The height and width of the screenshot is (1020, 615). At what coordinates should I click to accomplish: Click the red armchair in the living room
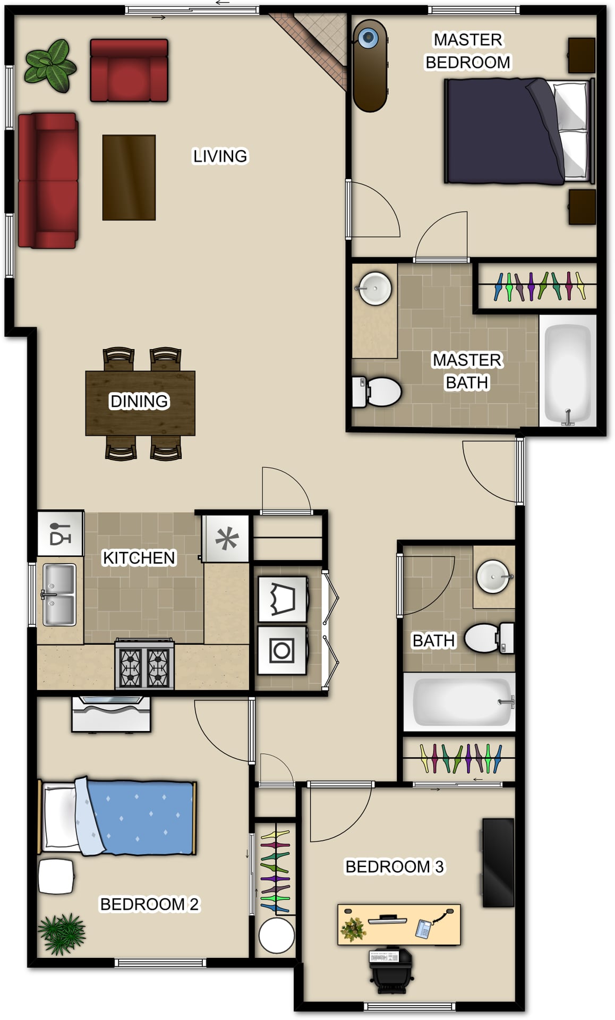129,70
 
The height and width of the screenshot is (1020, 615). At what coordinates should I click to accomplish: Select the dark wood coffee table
129,177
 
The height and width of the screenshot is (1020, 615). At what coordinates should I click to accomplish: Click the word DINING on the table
139,401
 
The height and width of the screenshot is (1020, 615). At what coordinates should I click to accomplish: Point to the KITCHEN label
139,558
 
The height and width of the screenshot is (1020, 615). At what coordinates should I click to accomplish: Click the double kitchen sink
58,595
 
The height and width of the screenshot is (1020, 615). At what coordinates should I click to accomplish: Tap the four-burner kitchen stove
144,664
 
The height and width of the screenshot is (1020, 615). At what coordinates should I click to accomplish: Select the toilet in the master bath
377,392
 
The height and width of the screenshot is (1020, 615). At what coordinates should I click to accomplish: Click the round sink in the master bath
374,288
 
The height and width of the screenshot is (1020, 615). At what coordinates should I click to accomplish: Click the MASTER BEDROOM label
468,51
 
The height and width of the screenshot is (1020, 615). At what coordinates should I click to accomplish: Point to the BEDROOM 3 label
395,867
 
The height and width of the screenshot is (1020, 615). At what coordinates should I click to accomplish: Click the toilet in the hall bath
489,637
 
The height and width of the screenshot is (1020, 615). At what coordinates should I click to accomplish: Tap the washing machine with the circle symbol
282,650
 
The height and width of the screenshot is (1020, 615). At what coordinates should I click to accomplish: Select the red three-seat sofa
48,181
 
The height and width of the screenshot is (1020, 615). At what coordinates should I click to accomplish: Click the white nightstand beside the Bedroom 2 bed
56,876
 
